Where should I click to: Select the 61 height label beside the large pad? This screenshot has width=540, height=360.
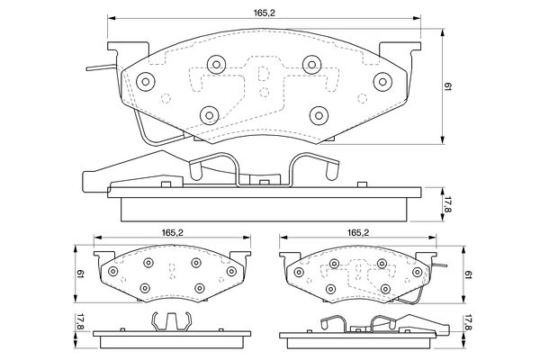pyautogui.click(x=449, y=87)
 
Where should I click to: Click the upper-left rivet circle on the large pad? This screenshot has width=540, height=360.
pyautogui.click(x=216, y=64)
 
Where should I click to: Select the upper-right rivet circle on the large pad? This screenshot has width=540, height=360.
pyautogui.click(x=311, y=64)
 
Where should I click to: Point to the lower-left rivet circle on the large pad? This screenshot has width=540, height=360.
pyautogui.click(x=210, y=113)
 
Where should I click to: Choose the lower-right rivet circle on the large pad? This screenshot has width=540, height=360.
pyautogui.click(x=319, y=113)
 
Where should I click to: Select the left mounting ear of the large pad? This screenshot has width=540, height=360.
pyautogui.click(x=126, y=51)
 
